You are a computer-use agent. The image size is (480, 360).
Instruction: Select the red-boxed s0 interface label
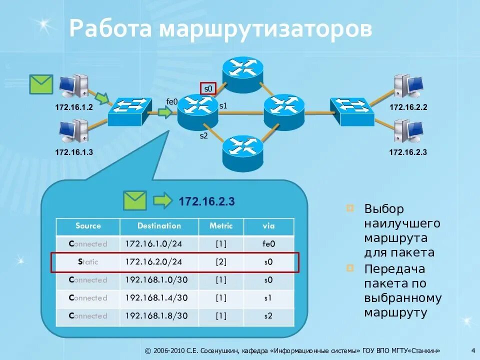click(x=208, y=89)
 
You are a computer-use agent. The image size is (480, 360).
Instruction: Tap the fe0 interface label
click(x=172, y=101)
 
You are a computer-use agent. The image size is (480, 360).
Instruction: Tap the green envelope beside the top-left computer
click(x=41, y=84)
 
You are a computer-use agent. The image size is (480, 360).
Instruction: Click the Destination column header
click(x=159, y=226)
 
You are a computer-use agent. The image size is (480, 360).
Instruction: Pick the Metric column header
click(x=221, y=226)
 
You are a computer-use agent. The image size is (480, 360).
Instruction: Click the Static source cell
click(x=88, y=262)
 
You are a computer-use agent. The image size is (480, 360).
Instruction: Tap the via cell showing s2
click(x=268, y=316)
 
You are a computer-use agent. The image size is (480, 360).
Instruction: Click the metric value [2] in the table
click(x=221, y=262)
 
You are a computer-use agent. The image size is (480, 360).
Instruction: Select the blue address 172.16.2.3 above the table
click(x=206, y=201)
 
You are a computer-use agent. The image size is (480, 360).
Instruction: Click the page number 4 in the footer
click(x=472, y=350)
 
